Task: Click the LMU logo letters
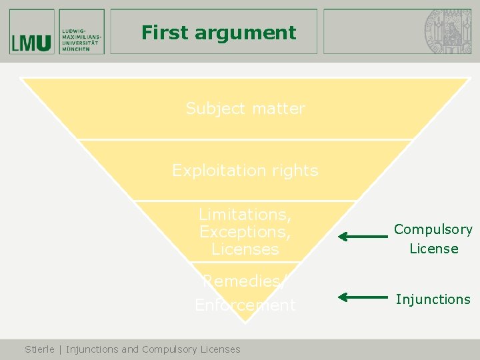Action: point(31,43)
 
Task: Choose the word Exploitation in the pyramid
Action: point(216,171)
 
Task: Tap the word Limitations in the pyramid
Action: point(245,215)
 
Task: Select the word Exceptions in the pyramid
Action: point(245,232)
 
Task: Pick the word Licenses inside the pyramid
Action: point(245,249)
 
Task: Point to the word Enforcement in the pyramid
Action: point(245,305)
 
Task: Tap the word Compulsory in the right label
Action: point(433,229)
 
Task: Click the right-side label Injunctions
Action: point(433,299)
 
